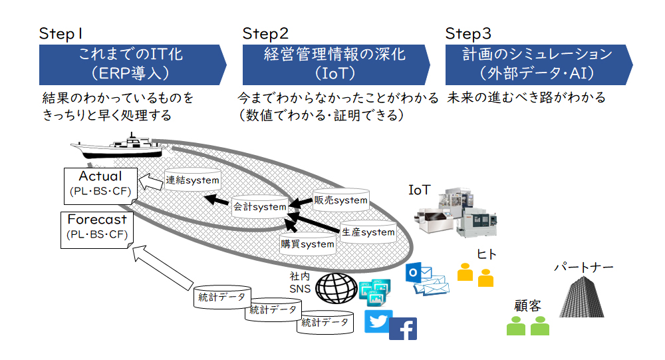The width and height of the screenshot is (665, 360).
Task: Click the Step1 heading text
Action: click(x=61, y=33)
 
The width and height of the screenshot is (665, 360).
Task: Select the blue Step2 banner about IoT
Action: click(x=336, y=65)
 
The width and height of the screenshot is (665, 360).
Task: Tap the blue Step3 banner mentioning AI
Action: click(x=539, y=65)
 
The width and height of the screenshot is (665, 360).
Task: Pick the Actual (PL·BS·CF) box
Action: click(x=100, y=186)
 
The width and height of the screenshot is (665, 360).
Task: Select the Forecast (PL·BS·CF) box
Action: click(x=96, y=230)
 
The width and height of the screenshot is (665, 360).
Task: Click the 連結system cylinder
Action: click(x=193, y=180)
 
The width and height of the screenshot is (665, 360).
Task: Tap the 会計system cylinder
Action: click(x=260, y=207)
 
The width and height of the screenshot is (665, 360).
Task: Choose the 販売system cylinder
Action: click(x=340, y=200)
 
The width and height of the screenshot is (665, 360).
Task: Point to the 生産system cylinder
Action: click(x=368, y=232)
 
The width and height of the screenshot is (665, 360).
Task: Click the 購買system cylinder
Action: click(x=307, y=244)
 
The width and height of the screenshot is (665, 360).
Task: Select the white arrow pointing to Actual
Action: click(x=151, y=182)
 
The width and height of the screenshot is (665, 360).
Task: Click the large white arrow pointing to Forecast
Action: click(x=162, y=268)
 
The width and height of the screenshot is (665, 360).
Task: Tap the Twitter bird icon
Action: click(x=378, y=321)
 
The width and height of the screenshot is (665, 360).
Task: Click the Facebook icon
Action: click(x=403, y=329)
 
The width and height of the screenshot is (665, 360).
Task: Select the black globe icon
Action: click(x=336, y=288)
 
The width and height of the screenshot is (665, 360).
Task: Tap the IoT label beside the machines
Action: click(x=420, y=190)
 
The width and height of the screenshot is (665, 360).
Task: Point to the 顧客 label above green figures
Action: click(x=527, y=305)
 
